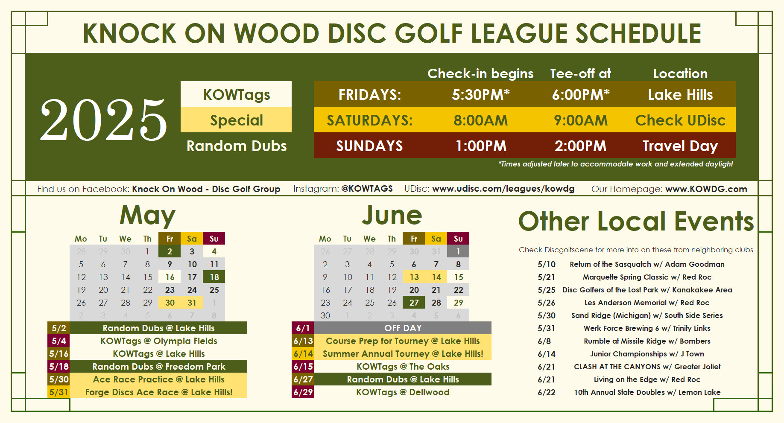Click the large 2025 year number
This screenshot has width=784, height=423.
point(103,120)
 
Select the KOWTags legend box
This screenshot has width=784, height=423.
point(236,94)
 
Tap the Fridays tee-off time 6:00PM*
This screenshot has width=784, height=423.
point(580,94)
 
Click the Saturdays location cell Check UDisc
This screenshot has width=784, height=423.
point(680,120)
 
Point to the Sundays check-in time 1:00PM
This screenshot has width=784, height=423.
point(481,146)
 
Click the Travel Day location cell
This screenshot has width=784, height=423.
point(680,146)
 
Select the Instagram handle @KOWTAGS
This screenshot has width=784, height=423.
point(367,189)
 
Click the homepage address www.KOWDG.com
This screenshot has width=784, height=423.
point(706,189)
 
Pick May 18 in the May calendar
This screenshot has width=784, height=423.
point(214,277)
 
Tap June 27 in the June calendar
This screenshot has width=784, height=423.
point(414,303)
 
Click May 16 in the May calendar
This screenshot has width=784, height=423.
point(170,277)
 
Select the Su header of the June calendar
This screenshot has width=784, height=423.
point(458,239)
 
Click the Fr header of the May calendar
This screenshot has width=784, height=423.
point(170,239)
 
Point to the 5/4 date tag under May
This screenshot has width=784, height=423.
point(59,341)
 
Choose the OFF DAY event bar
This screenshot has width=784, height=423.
point(403,328)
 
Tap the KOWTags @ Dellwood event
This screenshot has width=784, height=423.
point(403,392)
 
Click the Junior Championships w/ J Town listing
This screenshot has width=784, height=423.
point(647,354)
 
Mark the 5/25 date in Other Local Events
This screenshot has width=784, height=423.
point(546,290)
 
